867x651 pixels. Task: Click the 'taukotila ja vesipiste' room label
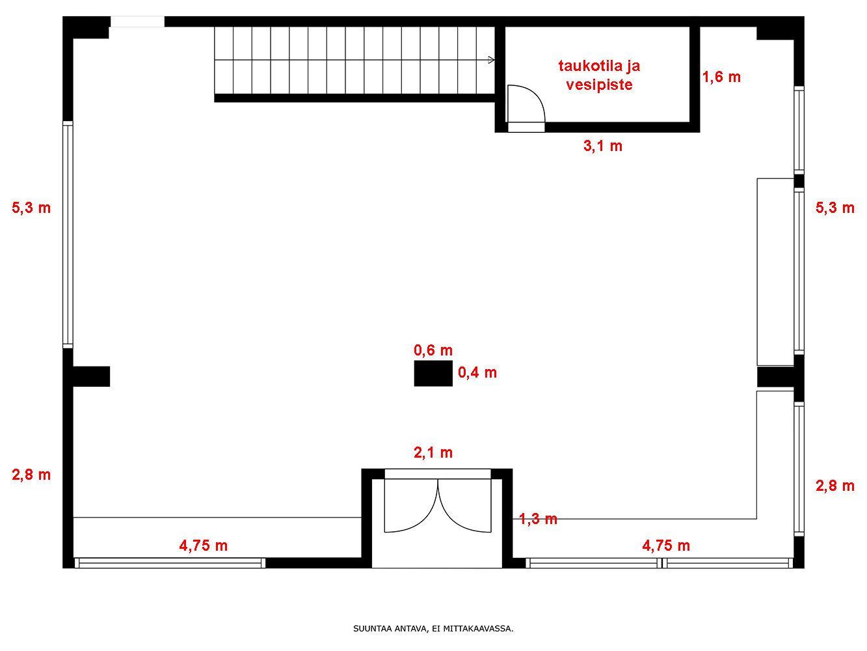599,75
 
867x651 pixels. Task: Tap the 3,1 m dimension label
603,146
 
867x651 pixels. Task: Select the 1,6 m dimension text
721,77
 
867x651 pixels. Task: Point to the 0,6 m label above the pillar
433,350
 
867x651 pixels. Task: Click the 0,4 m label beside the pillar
477,372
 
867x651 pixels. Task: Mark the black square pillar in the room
433,373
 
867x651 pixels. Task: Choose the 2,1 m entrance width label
433,452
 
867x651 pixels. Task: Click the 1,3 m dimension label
538,519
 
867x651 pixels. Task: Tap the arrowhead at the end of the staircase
492,60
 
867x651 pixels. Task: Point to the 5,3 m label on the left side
31,208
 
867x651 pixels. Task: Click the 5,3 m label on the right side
835,208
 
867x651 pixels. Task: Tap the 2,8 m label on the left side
31,475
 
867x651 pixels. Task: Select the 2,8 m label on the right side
835,486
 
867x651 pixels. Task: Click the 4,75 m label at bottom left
204,546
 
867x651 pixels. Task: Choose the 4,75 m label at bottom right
666,546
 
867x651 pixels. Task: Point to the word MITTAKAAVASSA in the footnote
478,628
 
